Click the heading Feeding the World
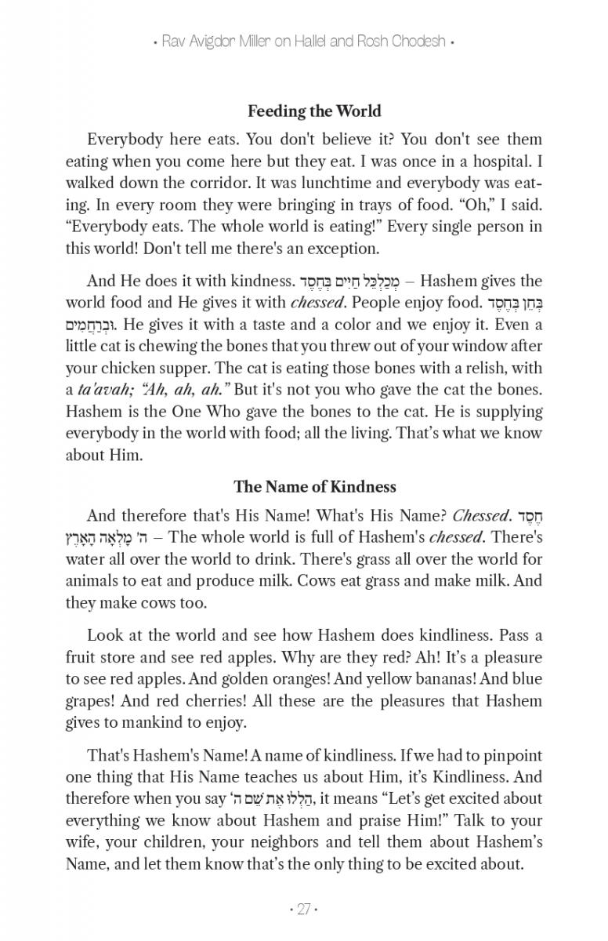click(x=314, y=111)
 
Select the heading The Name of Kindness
click(x=314, y=487)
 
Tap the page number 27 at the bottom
click(x=303, y=910)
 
